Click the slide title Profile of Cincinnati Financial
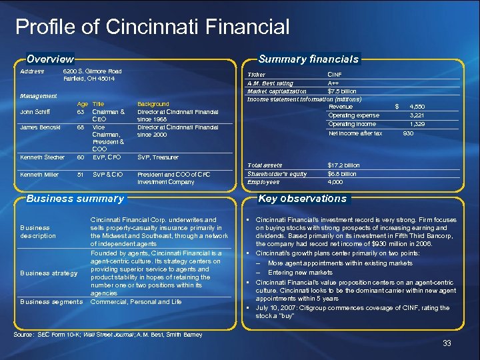pos(152,27)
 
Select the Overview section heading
pos(50,59)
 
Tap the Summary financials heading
pos(309,59)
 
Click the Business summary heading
pos(75,198)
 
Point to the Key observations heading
pos(303,198)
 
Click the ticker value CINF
pos(335,75)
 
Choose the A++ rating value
pos(333,83)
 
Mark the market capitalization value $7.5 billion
pos(342,91)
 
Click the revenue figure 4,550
pos(417,107)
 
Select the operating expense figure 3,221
pos(417,115)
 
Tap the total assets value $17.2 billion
pos(343,165)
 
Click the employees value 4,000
pos(335,181)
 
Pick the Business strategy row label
pos(49,273)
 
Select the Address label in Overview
pos(32,71)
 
